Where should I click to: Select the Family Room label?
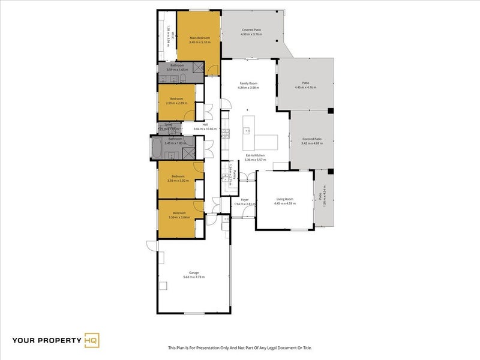click(248, 84)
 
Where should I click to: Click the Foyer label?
click(245, 200)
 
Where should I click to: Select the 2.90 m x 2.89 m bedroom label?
click(176, 100)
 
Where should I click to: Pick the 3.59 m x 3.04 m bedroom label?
click(178, 214)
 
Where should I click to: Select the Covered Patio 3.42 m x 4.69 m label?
click(312, 141)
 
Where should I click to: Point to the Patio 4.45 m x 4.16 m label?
click(305, 85)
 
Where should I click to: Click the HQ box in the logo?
click(92, 340)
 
